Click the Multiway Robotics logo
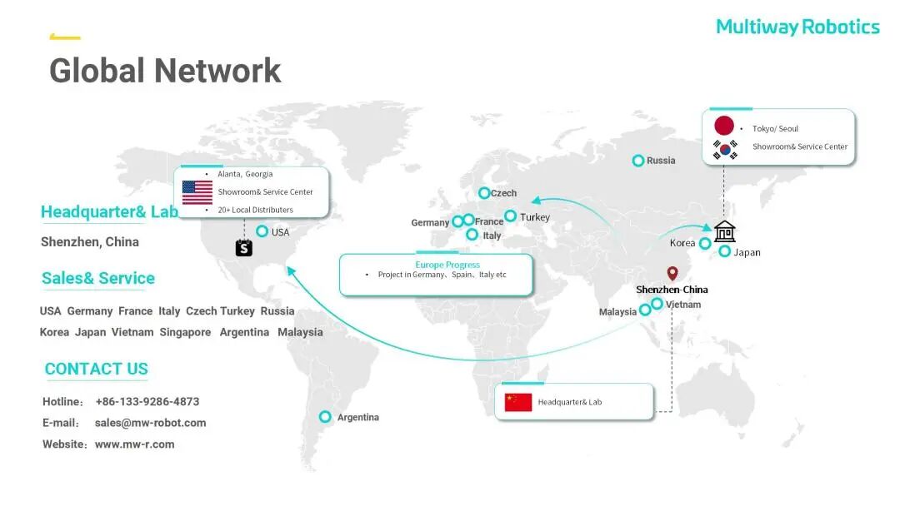pyautogui.click(x=797, y=27)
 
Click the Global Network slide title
pyautogui.click(x=165, y=70)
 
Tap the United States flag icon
pyautogui.click(x=197, y=192)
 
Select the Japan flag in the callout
pyautogui.click(x=724, y=126)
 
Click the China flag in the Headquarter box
pyautogui.click(x=518, y=402)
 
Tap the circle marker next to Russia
pyautogui.click(x=638, y=161)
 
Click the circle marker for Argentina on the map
pyautogui.click(x=326, y=417)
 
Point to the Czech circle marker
pyautogui.click(x=484, y=193)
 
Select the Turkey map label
pyautogui.click(x=535, y=217)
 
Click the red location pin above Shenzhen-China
pyautogui.click(x=672, y=274)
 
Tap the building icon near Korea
pyautogui.click(x=725, y=231)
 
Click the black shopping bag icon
pyautogui.click(x=243, y=247)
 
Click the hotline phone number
pyautogui.click(x=147, y=401)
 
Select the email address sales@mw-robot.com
pyautogui.click(x=150, y=423)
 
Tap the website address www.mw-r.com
pyautogui.click(x=134, y=444)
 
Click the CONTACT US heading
pyautogui.click(x=97, y=369)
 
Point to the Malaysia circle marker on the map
pyautogui.click(x=645, y=310)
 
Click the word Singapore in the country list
pyautogui.click(x=185, y=332)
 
